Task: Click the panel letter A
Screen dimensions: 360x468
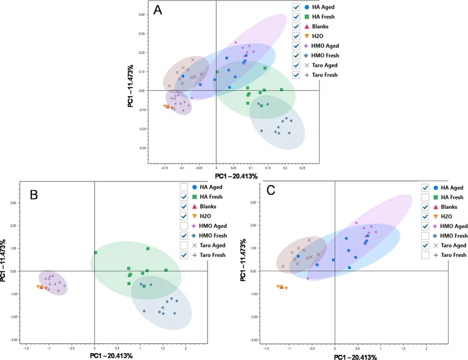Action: pyautogui.click(x=157, y=10)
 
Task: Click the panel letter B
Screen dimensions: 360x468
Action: pyautogui.click(x=34, y=195)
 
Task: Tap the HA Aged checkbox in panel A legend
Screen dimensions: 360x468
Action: pyautogui.click(x=296, y=7)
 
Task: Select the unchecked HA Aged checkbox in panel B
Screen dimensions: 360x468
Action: pyautogui.click(x=184, y=187)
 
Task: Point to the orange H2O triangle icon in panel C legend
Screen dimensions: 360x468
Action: pyautogui.click(x=435, y=216)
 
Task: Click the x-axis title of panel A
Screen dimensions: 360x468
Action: pyautogui.click(x=236, y=176)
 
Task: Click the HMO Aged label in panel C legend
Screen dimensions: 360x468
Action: pyautogui.click(x=454, y=226)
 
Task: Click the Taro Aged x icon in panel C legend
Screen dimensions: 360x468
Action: pyautogui.click(x=435, y=245)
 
